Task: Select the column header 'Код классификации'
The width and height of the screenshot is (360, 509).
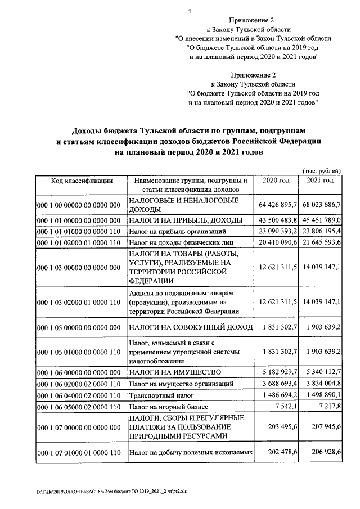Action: (x=82, y=181)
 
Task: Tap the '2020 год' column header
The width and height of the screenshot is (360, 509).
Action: (x=276, y=181)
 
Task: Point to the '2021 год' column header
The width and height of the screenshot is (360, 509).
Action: (x=320, y=181)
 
